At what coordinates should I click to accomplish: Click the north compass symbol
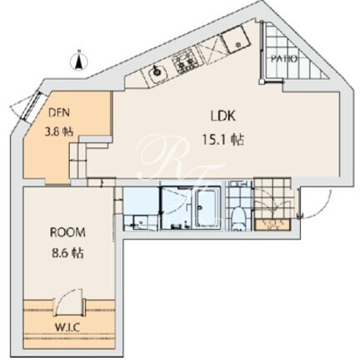point(79,61)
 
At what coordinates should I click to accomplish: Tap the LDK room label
point(223,116)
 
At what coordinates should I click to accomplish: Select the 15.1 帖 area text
point(223,140)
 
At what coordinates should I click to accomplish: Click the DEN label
point(59,112)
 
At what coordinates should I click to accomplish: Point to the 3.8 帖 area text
point(59,132)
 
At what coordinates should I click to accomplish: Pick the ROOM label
point(67,232)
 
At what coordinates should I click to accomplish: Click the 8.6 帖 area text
point(67,253)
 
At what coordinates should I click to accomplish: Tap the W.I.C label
point(67,327)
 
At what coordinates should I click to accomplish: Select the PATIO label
point(284,59)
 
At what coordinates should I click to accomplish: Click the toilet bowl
point(239,219)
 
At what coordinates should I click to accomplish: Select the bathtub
point(208,206)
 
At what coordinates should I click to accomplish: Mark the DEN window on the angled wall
point(31,106)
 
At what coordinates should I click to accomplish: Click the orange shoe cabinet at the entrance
point(273,225)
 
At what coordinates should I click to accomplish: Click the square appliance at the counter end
point(237,40)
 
